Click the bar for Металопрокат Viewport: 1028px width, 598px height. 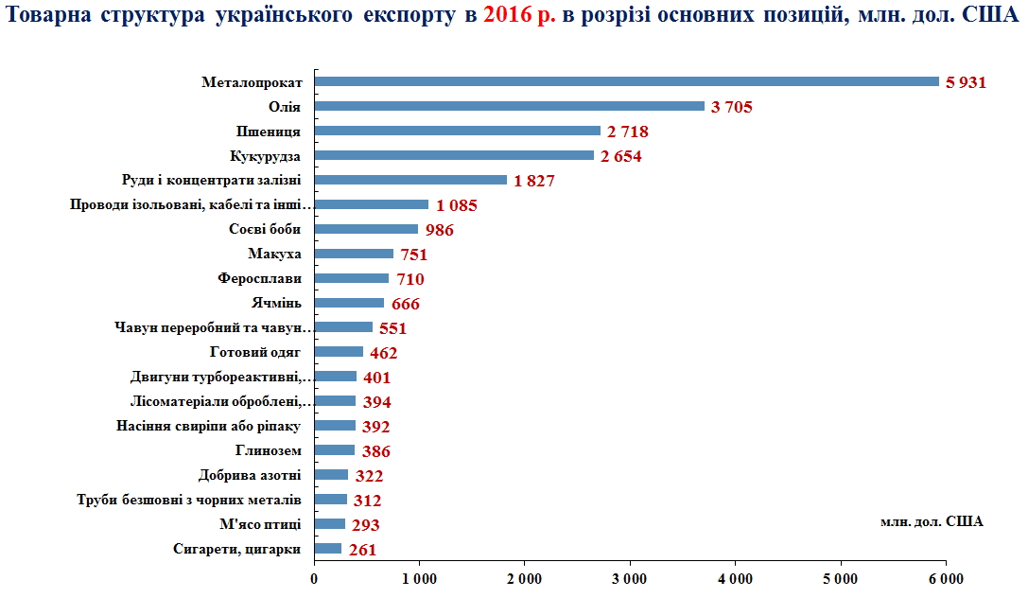(x=626, y=81)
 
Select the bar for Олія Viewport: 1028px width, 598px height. (x=509, y=106)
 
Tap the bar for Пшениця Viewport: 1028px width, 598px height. (x=457, y=131)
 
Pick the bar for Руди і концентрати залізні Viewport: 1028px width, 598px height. (x=410, y=180)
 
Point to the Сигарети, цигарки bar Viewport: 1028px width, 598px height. (x=327, y=549)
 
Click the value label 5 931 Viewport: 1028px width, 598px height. (x=966, y=82)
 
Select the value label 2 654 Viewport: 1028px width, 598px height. (x=621, y=156)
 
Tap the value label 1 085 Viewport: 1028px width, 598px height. (x=456, y=205)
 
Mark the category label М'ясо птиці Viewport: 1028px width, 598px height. (x=259, y=524)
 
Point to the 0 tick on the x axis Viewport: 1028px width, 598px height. (x=314, y=579)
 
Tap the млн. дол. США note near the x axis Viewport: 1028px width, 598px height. (x=932, y=521)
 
